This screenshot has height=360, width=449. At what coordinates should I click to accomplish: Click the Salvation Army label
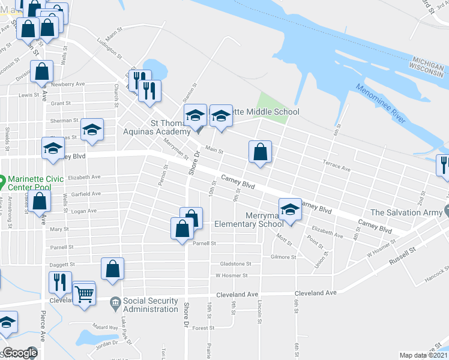[406, 212]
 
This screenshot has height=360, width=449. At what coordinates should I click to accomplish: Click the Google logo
[20, 353]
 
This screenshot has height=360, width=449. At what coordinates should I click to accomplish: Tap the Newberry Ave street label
[71, 85]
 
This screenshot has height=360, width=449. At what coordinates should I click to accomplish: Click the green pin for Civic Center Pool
[2, 179]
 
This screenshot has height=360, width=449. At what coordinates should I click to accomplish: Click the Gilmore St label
[284, 256]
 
